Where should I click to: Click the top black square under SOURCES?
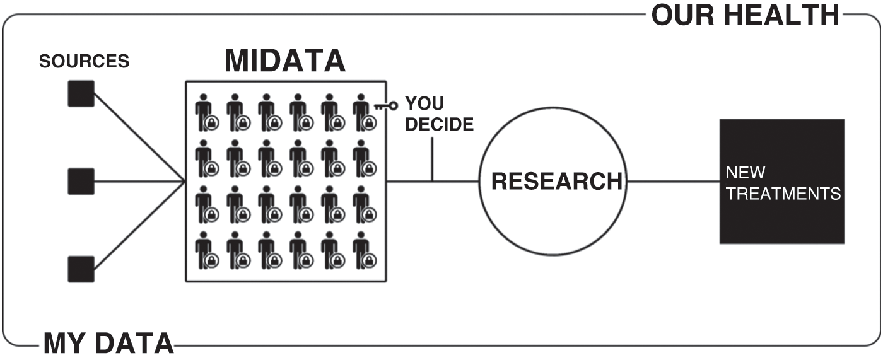81,94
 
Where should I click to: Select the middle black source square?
81,182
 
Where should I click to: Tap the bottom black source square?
81,269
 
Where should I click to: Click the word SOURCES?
85,61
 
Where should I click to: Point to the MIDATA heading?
285,61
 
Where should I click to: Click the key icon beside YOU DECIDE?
386,105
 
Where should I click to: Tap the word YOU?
424,103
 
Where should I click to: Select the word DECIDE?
439,124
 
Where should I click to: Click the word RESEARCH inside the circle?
556,181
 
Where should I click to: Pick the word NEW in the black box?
746,173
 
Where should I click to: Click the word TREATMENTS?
783,194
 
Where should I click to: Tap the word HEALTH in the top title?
782,15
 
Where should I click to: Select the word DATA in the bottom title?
135,344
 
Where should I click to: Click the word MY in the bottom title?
66,344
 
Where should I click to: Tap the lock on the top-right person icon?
369,123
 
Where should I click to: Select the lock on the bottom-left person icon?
212,261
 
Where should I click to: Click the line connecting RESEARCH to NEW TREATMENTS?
674,182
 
